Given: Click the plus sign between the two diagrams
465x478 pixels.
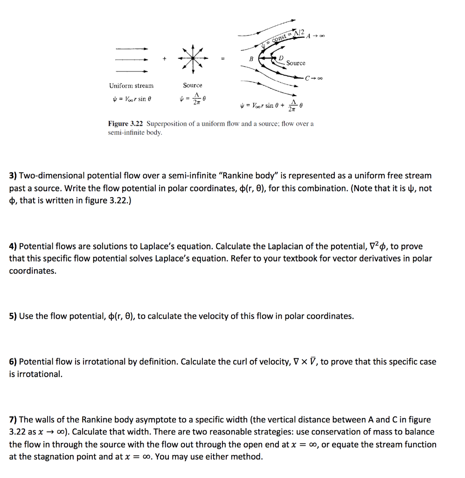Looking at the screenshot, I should tap(164, 59).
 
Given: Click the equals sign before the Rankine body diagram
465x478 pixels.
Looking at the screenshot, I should tap(222, 59).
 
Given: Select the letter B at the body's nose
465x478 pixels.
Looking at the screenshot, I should tap(251, 59).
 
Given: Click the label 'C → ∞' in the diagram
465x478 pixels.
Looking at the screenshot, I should tap(314, 77).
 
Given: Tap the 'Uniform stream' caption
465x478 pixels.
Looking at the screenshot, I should tap(131, 85).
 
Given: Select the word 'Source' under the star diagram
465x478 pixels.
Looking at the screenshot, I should tap(193, 85).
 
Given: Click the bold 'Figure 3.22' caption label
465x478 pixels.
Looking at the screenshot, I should tap(125, 124).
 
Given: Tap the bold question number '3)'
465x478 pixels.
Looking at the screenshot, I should tap(13, 176).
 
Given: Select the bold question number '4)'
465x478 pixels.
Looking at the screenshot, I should tap(13, 246).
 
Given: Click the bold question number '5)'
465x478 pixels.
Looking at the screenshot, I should tap(13, 316).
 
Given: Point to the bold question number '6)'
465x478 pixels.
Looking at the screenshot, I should tap(13, 362).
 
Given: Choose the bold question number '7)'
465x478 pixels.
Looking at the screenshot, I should tap(13, 420).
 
